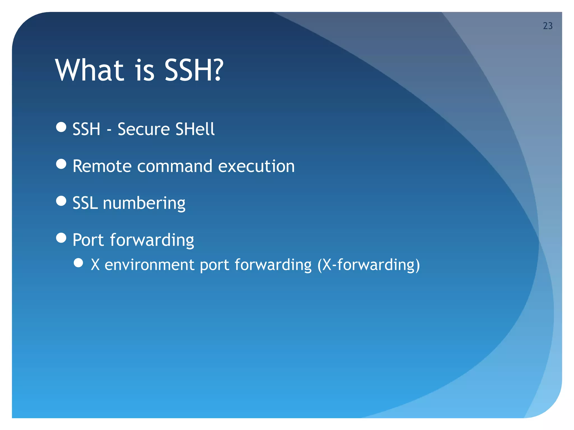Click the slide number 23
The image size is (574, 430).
[548, 26]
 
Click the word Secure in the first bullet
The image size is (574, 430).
[143, 129]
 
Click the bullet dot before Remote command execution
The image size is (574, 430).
[61, 164]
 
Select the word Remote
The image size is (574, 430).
[102, 166]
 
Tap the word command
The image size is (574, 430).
[175, 166]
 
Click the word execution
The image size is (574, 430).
[256, 166]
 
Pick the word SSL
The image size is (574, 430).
[85, 203]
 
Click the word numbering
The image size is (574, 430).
[144, 204]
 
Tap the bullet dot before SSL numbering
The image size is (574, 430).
[61, 201]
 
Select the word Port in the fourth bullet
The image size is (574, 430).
[88, 240]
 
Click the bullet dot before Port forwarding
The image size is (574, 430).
[61, 238]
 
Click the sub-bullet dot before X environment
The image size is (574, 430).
[78, 263]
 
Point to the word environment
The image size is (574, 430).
[149, 265]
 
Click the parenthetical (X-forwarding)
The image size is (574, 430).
[368, 265]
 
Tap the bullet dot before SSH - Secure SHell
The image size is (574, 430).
[61, 127]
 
